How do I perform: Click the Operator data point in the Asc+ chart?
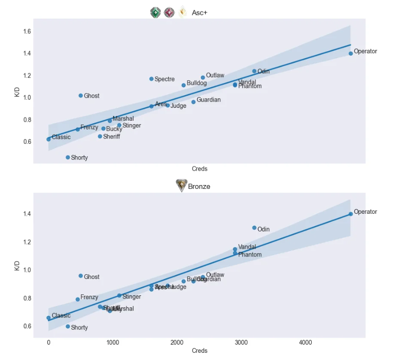(350, 54)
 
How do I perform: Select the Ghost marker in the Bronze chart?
(81, 276)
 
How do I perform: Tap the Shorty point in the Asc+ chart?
(68, 157)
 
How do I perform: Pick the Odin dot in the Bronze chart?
(254, 228)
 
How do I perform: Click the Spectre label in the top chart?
(164, 79)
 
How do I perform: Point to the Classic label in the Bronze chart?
(61, 315)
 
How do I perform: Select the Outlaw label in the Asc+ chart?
(215, 75)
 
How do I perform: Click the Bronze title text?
(199, 186)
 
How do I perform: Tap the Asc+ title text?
(199, 13)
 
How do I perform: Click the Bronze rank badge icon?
(181, 186)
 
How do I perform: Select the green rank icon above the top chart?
(155, 13)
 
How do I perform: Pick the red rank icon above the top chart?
(169, 13)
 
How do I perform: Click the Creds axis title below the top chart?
(199, 169)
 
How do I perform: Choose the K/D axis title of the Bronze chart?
(17, 266)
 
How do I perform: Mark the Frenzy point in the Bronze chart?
(77, 299)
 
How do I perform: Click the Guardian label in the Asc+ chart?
(209, 100)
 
